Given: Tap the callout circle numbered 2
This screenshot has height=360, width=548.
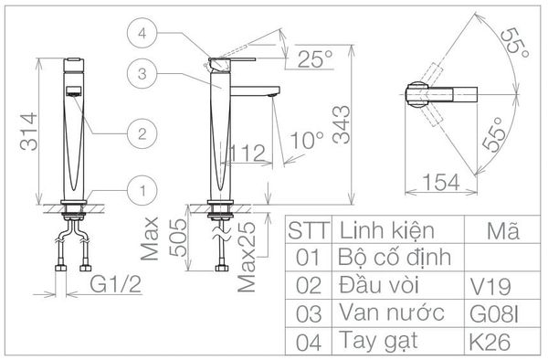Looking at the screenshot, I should pos(140,133).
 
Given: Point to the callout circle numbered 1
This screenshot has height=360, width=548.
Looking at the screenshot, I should pos(140,190).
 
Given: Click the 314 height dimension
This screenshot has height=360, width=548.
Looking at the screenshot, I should pos(25,132).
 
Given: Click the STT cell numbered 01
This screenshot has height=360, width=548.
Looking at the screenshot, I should pos(309,258).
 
